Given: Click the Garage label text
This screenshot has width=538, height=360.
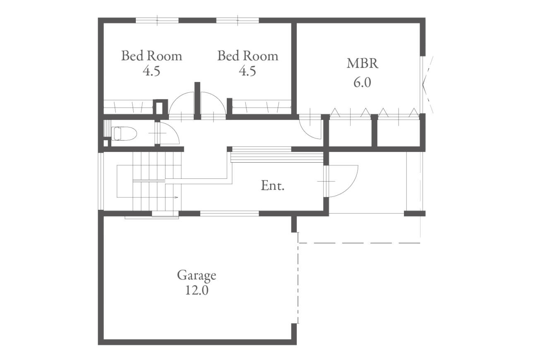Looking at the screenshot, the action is (x=197, y=276).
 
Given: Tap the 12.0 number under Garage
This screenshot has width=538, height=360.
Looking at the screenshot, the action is (x=197, y=290).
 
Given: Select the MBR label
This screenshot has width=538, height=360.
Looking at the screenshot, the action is (x=363, y=64).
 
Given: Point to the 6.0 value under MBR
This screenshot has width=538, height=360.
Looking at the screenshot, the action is (x=362, y=82).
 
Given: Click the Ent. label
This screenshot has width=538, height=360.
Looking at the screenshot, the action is (x=273, y=185).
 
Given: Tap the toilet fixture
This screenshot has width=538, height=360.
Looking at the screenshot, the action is (x=124, y=134).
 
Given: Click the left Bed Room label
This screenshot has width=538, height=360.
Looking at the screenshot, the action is (x=151, y=56).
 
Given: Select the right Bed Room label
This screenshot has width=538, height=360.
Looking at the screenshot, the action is (x=248, y=56).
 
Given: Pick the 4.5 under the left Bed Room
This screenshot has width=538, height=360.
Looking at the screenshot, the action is (x=151, y=71).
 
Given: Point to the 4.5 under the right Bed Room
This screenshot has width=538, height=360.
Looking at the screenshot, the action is (x=247, y=71).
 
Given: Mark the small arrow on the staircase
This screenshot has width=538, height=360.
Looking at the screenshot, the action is (x=176, y=197).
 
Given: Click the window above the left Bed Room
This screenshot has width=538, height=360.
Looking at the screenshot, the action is (x=157, y=20).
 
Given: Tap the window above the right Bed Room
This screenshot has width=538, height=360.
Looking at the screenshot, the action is (x=238, y=20).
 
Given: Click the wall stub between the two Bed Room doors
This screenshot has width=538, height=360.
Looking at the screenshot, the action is (x=197, y=101).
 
